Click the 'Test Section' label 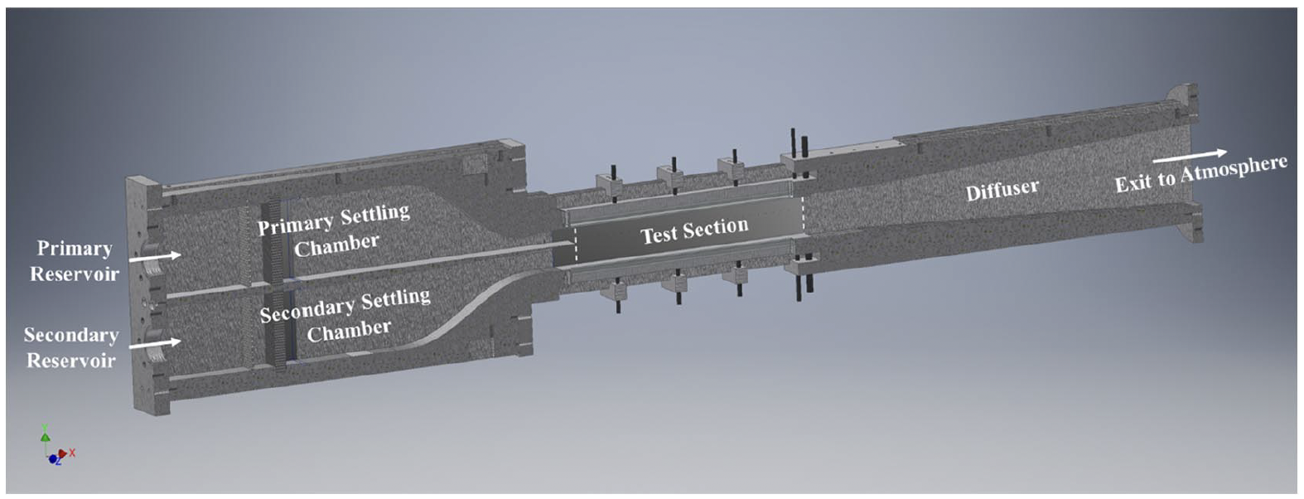click(694, 230)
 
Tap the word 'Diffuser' click(1002, 191)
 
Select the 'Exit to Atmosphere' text click(1200, 174)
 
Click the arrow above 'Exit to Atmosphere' click(1189, 156)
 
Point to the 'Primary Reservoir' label click(75, 261)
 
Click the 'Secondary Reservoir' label click(71, 347)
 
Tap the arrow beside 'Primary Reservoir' click(157, 257)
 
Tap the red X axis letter click(73, 453)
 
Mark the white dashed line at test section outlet click(803, 217)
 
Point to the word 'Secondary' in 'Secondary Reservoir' click(71, 335)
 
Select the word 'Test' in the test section click(659, 235)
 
